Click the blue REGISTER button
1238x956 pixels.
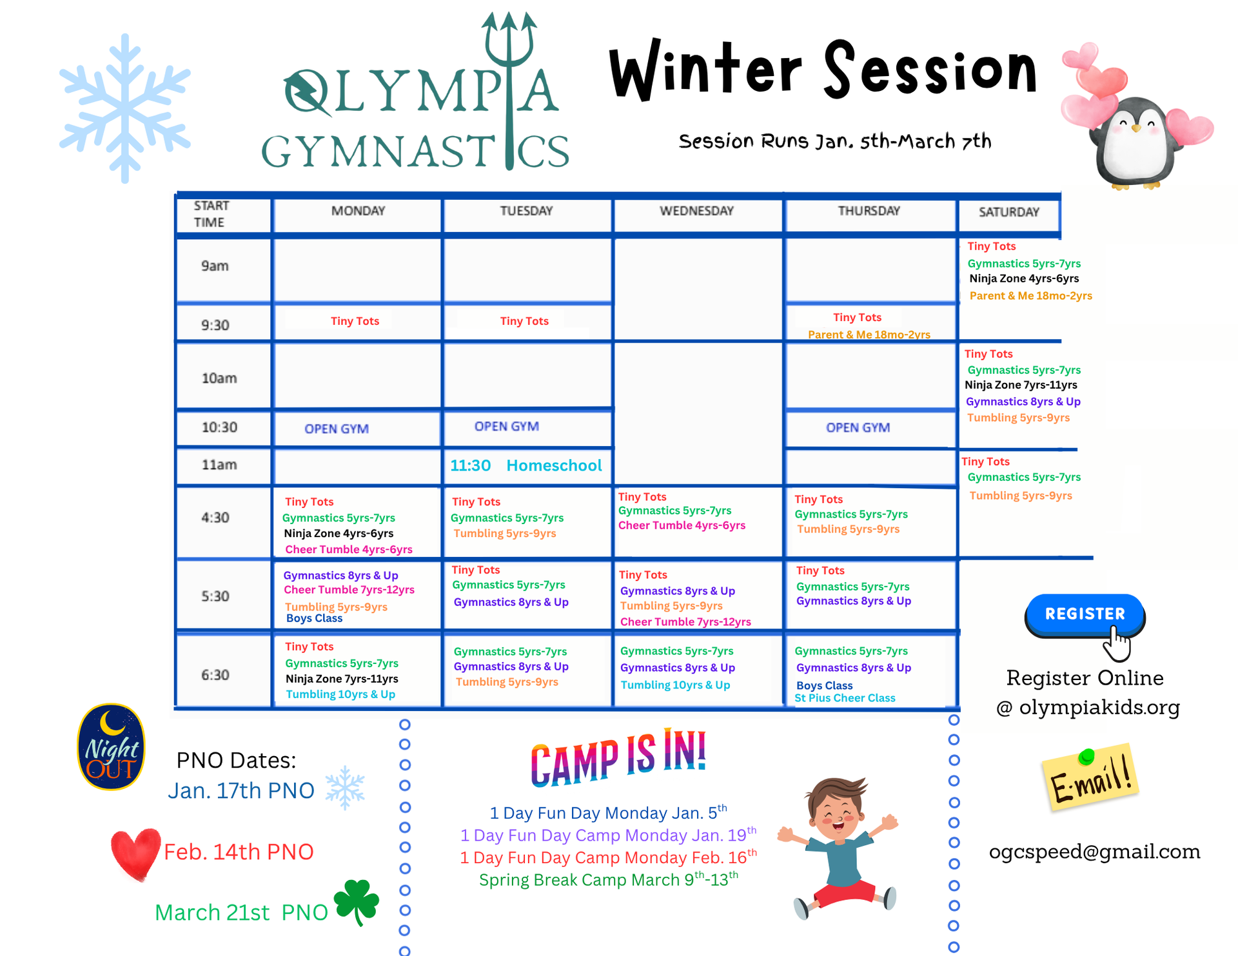[x=1085, y=614]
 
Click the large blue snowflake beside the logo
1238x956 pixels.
[x=124, y=108]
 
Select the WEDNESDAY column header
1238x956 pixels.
[x=696, y=211]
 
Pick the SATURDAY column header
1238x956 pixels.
[x=1009, y=212]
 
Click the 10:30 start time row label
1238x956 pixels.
[x=219, y=427]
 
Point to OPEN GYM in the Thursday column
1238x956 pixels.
[x=858, y=427]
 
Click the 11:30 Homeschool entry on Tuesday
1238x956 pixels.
[x=526, y=465]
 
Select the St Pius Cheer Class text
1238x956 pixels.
[x=845, y=698]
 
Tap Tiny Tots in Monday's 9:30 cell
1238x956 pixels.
[x=355, y=321]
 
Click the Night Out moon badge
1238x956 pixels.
[x=111, y=746]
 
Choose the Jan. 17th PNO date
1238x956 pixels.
[x=241, y=790]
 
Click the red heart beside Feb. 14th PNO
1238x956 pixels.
[x=135, y=854]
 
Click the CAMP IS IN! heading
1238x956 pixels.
[x=618, y=758]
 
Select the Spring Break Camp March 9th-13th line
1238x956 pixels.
[x=609, y=880]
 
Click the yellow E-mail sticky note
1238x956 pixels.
[x=1090, y=777]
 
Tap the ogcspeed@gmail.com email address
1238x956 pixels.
[x=1095, y=852]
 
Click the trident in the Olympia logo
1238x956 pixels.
[x=509, y=90]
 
